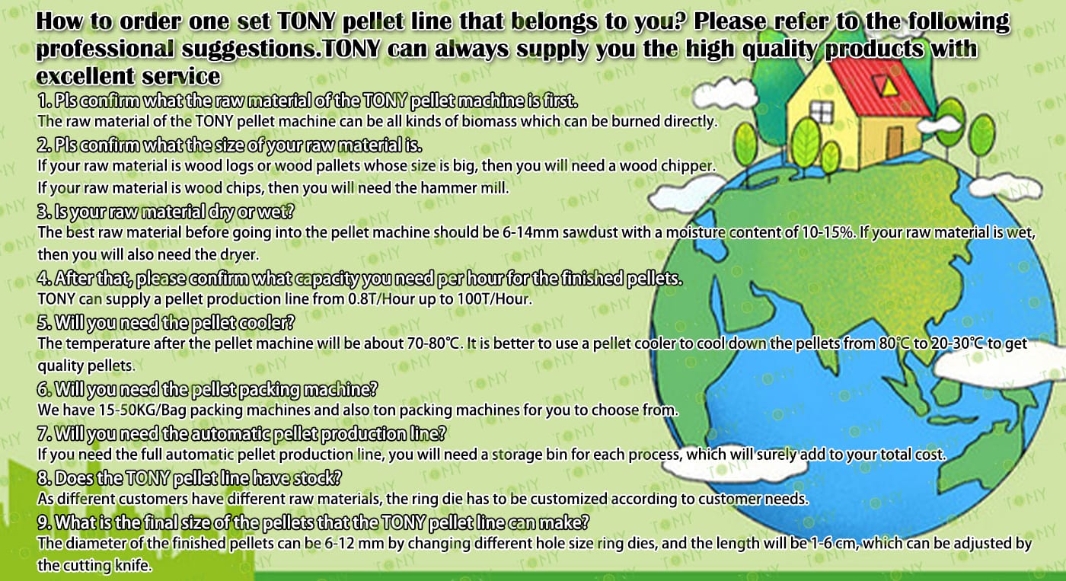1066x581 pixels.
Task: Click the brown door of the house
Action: tap(895, 142)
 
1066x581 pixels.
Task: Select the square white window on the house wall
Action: tap(822, 112)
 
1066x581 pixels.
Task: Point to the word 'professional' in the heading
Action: tap(105, 49)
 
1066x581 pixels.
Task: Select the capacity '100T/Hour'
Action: tap(494, 298)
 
